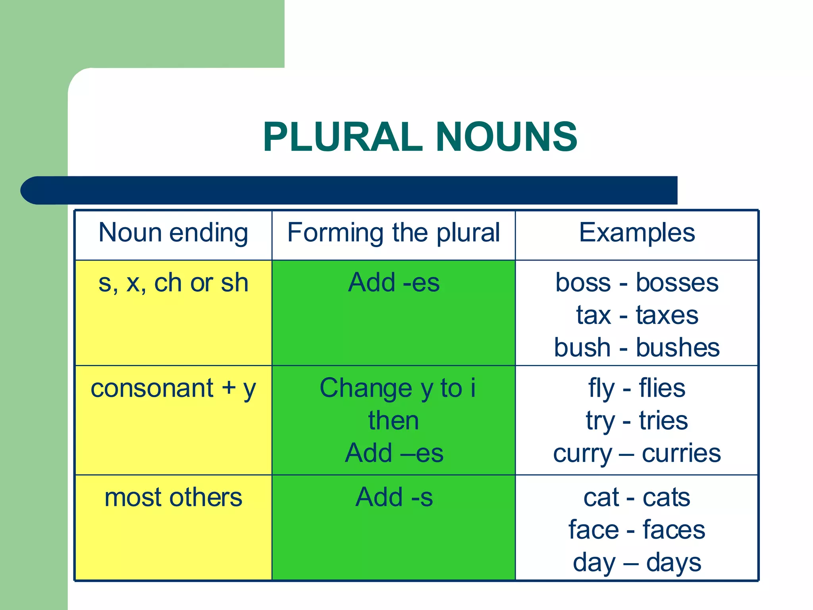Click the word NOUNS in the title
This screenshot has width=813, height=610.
click(507, 137)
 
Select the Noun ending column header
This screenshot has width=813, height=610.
click(173, 233)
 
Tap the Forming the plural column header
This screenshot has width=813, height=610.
click(393, 233)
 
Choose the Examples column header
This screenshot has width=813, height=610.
click(637, 233)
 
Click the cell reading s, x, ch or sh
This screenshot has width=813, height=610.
click(173, 283)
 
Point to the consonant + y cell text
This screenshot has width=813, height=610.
click(173, 388)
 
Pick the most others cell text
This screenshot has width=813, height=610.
click(173, 498)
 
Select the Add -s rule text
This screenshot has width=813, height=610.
click(394, 497)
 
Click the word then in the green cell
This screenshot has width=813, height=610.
click(393, 421)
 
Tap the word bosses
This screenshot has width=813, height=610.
click(677, 283)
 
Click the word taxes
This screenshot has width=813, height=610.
click(667, 316)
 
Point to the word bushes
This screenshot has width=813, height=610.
click(678, 348)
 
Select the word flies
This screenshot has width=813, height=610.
click(662, 388)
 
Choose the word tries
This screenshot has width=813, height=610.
click(663, 421)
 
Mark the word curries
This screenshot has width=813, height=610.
click(681, 454)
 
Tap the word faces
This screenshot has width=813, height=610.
click(674, 530)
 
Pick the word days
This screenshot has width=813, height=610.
click(674, 563)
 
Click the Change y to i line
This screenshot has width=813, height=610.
click(397, 388)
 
